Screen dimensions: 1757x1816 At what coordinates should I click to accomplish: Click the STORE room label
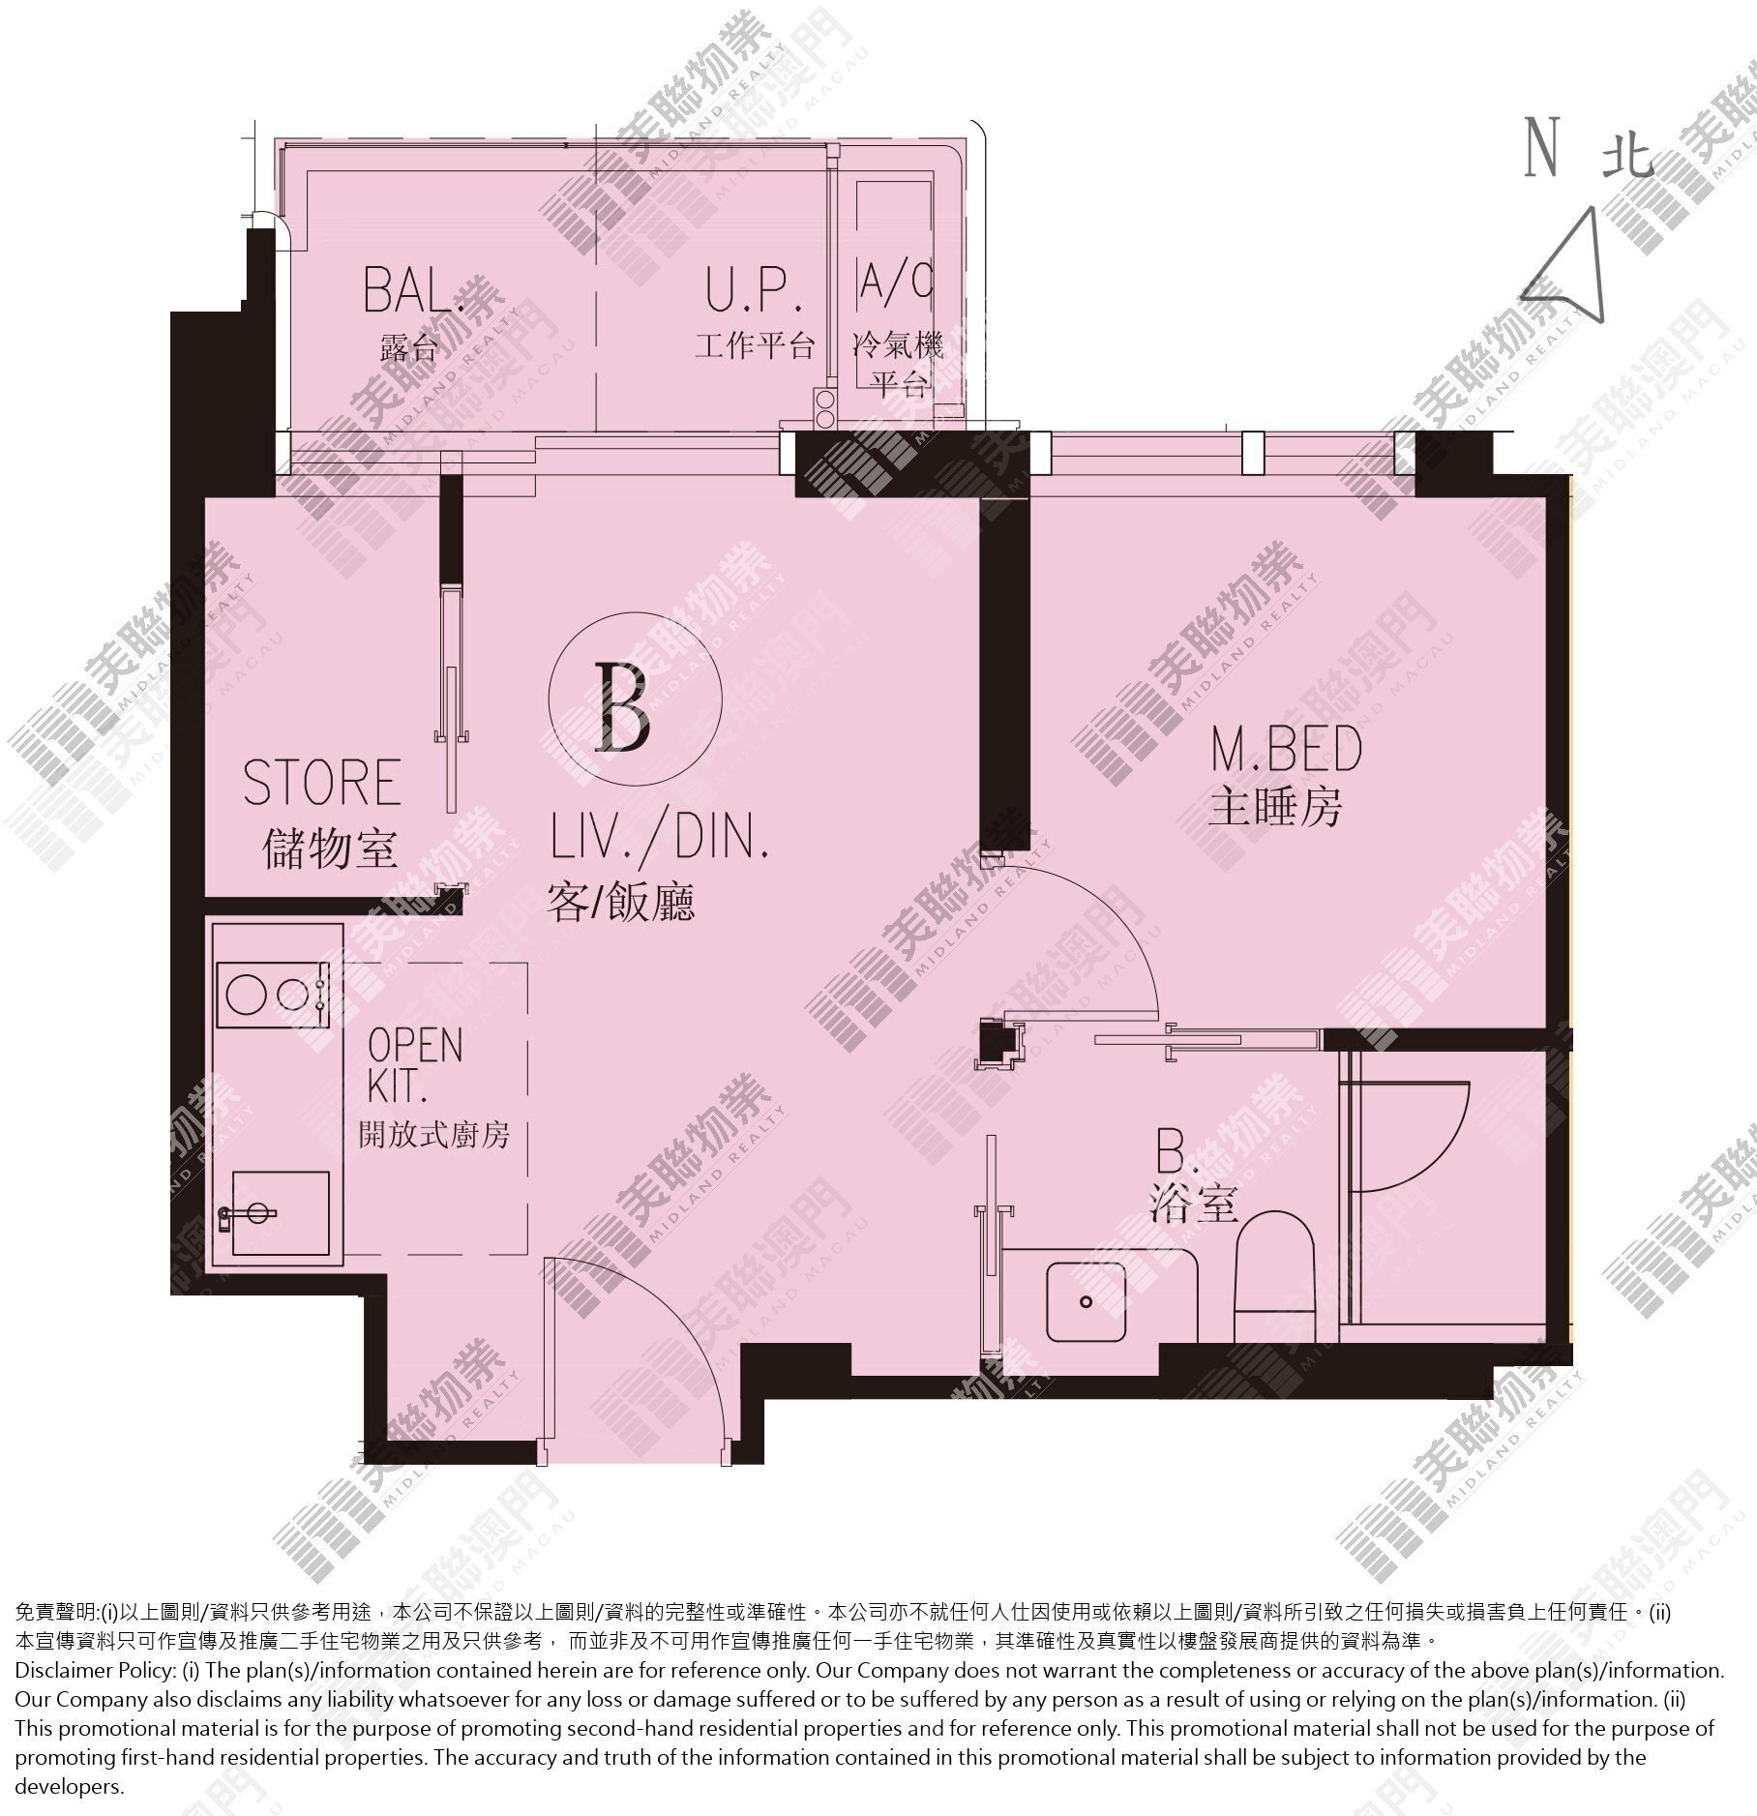(322, 782)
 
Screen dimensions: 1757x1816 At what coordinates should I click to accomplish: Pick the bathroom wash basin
(1087, 1301)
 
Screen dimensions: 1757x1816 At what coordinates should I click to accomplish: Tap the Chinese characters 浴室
(1195, 1205)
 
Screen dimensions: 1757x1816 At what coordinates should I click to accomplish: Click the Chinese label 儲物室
(330, 848)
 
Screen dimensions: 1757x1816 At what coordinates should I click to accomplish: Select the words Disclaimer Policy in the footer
(94, 1671)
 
